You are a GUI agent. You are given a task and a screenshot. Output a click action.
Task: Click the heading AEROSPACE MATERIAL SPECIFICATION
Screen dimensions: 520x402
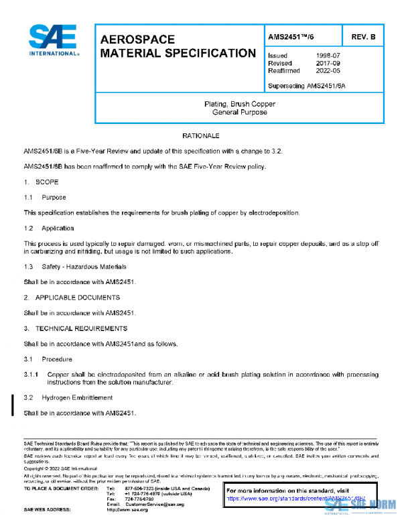pos(178,46)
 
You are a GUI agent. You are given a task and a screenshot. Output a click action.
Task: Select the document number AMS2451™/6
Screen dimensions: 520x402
pos(293,37)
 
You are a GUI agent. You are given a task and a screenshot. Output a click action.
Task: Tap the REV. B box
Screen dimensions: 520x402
pos(362,37)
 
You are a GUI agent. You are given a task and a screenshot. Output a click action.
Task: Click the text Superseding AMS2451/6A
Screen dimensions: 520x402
pos(306,86)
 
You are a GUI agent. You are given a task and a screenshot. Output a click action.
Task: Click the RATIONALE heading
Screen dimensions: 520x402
pos(202,136)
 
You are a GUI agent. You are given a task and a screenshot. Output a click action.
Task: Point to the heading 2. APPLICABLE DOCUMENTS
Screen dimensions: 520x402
pos(72,297)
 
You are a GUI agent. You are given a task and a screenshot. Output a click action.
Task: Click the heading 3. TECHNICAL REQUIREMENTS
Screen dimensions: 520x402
pos(76,328)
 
